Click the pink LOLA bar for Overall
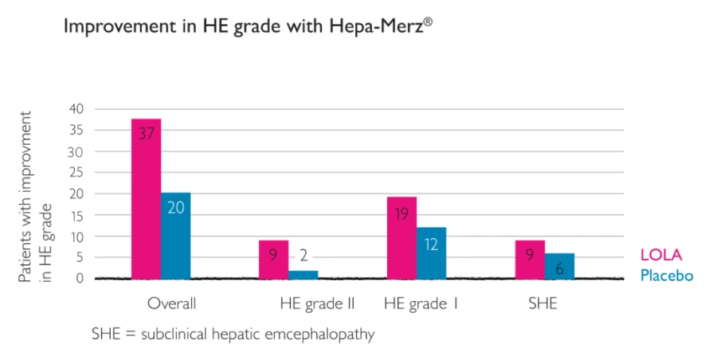coord(147,199)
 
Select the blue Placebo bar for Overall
coord(176,236)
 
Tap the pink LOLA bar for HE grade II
coord(274,260)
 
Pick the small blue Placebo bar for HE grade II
coord(304,274)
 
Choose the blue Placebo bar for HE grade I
coord(431,252)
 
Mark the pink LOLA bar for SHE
coord(530,260)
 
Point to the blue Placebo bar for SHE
coord(559,266)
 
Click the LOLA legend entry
coord(661,256)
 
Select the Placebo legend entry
coord(667,276)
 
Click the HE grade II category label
coord(317,303)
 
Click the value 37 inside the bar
coord(146,134)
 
